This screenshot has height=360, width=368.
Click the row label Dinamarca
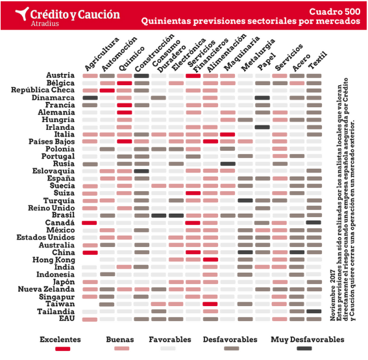pos(53,97)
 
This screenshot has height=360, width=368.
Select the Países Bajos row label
pos(52,142)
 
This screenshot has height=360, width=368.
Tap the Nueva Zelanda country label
pos(46,289)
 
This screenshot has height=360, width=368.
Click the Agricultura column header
pos(101,54)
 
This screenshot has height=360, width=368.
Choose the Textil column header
pos(317,60)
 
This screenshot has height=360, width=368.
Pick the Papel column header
pos(266,62)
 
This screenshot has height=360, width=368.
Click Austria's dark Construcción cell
pos(141,76)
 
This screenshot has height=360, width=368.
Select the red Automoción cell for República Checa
pos(107,90)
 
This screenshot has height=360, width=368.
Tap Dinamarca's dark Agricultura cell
pos(90,97)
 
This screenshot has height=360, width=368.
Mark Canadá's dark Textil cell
pos(313,222)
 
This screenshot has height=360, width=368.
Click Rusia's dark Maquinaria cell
pos(228,164)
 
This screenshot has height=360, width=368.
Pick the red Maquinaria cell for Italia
pos(228,135)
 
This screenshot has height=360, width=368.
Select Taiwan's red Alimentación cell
pos(210,304)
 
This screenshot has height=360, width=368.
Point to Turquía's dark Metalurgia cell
pos(245,200)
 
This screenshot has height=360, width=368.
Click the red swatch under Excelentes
pos(63,349)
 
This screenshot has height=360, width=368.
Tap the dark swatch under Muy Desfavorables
pos(304,348)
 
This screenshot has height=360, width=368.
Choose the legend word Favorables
pos(170,339)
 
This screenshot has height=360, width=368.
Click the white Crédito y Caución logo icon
pos(22,14)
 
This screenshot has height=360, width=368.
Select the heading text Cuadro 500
pos(335,12)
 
